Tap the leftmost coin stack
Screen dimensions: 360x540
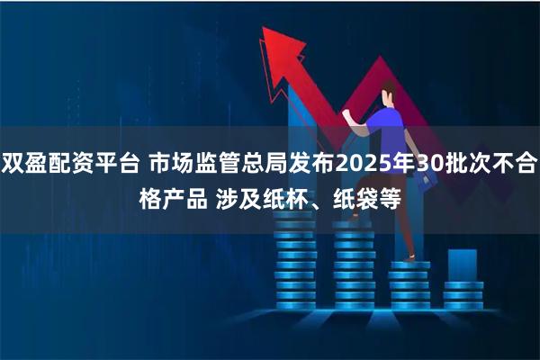pyautogui.click(x=293, y=270)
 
